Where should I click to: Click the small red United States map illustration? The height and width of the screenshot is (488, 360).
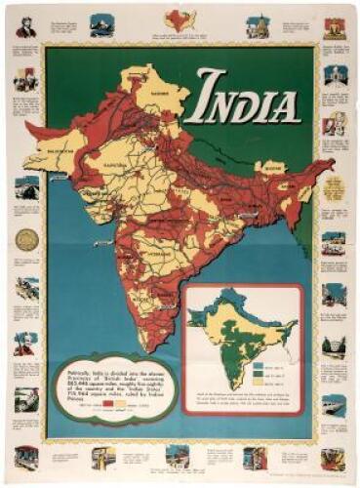[179, 18]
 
